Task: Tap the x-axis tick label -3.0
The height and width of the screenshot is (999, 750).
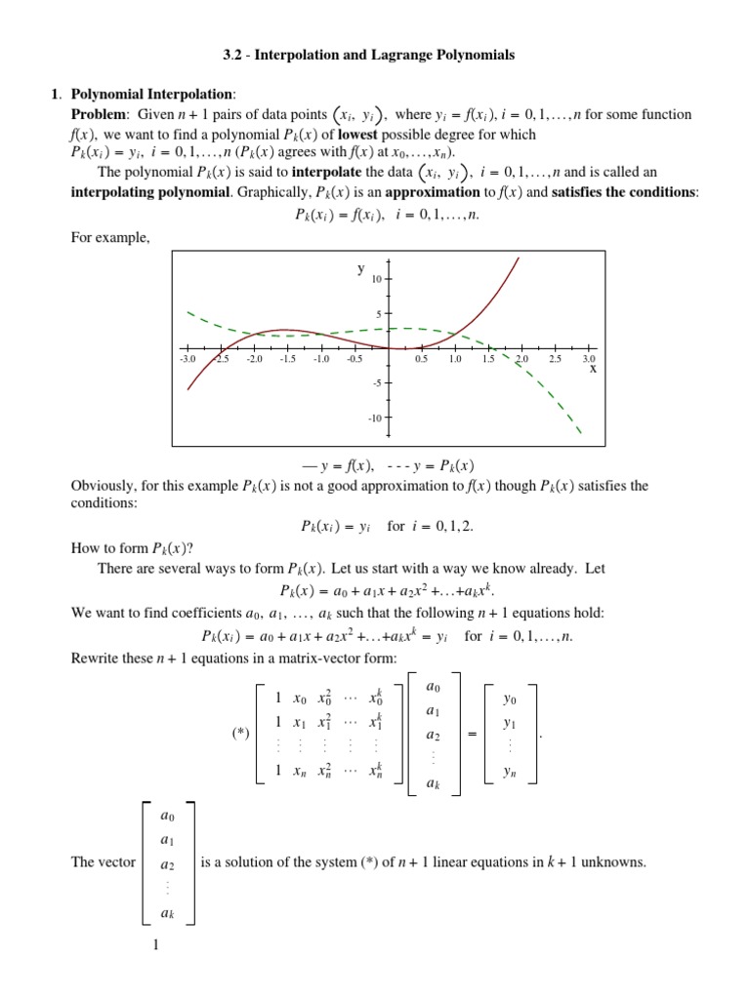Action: click(x=187, y=360)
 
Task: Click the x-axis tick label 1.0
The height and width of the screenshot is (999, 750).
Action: click(x=455, y=360)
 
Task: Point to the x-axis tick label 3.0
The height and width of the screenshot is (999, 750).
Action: click(x=589, y=360)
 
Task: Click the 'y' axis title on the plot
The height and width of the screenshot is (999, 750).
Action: click(x=360, y=268)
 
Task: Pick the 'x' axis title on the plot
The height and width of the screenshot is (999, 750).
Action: click(x=592, y=371)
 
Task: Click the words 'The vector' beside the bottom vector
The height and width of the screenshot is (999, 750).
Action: click(x=104, y=862)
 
